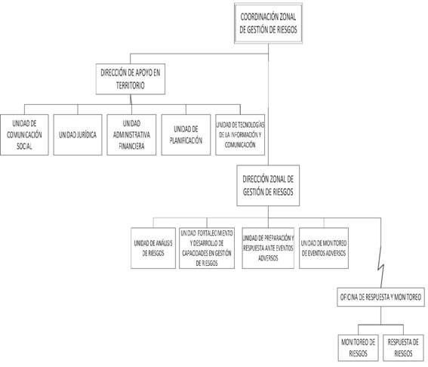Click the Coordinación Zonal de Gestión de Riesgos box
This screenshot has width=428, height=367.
coord(268,23)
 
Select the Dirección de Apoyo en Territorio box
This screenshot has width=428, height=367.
coord(131,79)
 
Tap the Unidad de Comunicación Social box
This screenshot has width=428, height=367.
coord(24,134)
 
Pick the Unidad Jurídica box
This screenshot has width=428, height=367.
coord(78,134)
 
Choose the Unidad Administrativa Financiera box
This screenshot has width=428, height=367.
coord(131,134)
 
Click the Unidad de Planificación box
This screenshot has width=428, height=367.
coord(186,134)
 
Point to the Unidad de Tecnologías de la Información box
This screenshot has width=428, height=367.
coord(240,134)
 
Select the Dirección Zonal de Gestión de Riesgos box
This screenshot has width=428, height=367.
coord(268,186)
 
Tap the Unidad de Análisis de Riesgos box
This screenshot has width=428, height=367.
coord(153,248)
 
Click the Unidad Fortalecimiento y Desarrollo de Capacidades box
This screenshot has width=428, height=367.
coord(207,248)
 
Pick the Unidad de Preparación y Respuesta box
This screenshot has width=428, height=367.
coord(268,248)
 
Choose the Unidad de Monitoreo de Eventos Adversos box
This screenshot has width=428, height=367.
coord(324,248)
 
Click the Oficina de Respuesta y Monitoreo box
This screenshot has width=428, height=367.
coord(380,297)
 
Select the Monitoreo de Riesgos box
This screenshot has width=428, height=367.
coord(358,347)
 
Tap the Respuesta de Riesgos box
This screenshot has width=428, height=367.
coord(403,347)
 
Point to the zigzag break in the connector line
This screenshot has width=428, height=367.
coord(381,270)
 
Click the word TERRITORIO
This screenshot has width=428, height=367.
coord(130,85)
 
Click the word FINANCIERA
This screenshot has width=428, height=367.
coord(131,146)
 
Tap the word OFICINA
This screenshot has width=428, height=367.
coord(349,297)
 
